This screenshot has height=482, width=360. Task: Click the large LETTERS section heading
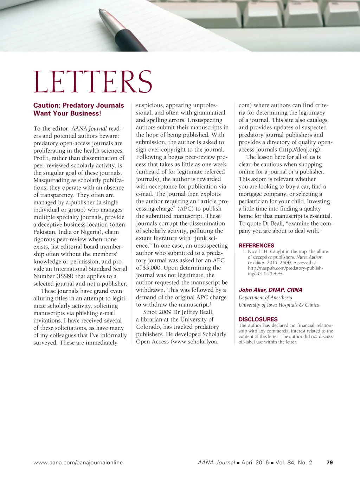pyautogui.click(x=93, y=82)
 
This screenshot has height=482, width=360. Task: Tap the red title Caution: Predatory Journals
pyautogui.click(x=78, y=106)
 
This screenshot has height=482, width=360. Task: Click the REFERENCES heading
pyautogui.click(x=256, y=246)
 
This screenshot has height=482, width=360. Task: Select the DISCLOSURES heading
pyautogui.click(x=258, y=319)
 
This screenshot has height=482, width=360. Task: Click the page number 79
pyautogui.click(x=329, y=463)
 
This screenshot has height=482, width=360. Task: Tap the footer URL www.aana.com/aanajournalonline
pyautogui.click(x=78, y=463)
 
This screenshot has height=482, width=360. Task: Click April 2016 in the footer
pyautogui.click(x=255, y=463)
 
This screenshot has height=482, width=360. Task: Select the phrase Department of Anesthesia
pyautogui.click(x=265, y=298)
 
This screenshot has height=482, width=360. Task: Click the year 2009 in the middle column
pyautogui.click(x=165, y=312)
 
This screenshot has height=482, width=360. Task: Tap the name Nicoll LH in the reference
pyautogui.click(x=258, y=252)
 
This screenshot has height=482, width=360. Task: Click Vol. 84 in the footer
pyautogui.click(x=285, y=463)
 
